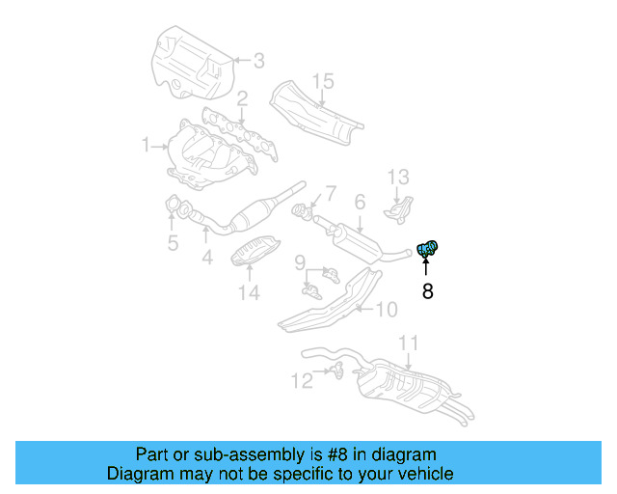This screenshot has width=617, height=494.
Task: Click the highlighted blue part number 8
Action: [x=428, y=249]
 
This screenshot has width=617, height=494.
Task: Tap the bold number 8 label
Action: [x=428, y=289]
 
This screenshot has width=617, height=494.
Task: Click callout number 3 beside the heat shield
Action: [x=257, y=61]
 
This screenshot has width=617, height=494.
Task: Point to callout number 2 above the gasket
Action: [x=243, y=98]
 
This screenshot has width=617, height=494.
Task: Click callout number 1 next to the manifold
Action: [x=147, y=146]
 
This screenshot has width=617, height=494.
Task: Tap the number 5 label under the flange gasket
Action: [x=173, y=243]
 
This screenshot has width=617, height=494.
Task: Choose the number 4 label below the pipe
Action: [x=206, y=258]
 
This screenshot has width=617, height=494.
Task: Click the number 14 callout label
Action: [x=249, y=291]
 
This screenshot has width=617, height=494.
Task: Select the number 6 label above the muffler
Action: [x=359, y=202]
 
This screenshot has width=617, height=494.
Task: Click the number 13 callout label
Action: [x=399, y=177]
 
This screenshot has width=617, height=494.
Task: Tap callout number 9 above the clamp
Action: [x=300, y=261]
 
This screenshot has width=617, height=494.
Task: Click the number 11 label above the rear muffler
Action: [x=409, y=343]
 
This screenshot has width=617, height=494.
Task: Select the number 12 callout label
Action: [x=303, y=381]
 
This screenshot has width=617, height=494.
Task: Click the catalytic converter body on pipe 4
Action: [x=261, y=212]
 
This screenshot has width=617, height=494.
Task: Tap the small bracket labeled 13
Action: [x=396, y=208]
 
